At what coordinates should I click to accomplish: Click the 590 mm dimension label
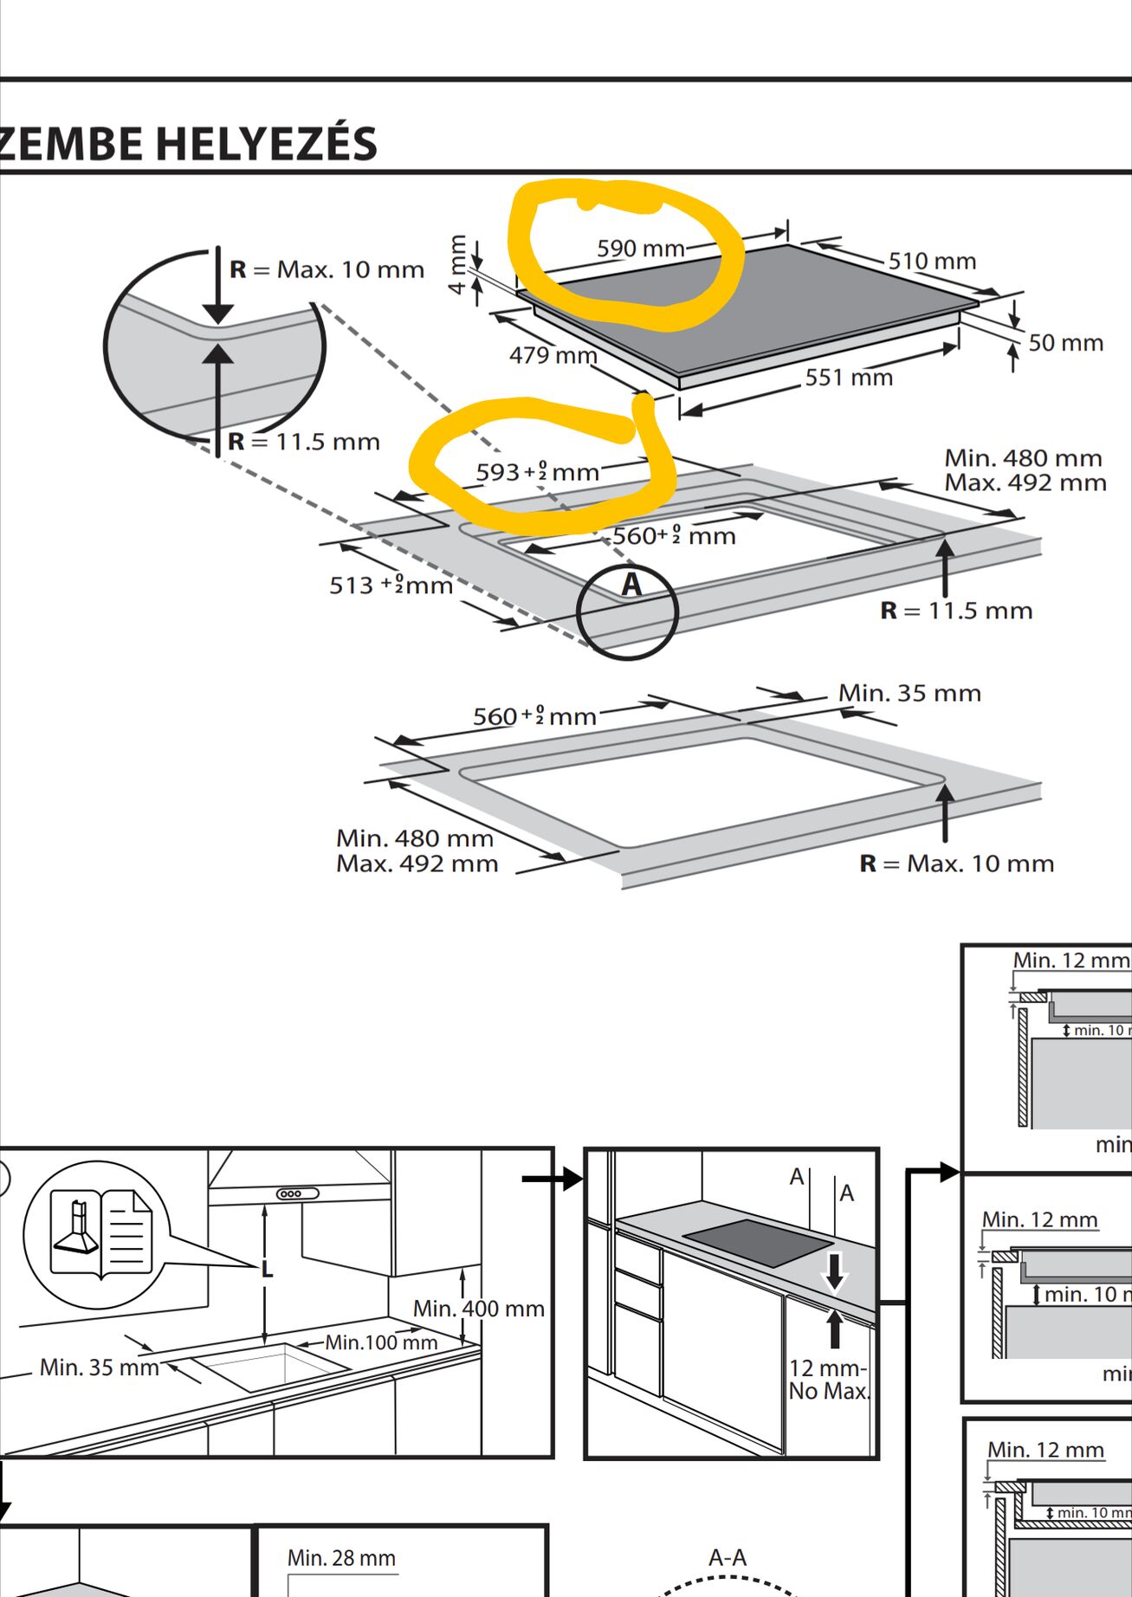click(x=640, y=249)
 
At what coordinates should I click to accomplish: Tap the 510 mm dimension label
click(x=932, y=261)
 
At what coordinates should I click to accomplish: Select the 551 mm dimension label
click(x=848, y=378)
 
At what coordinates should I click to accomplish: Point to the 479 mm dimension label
click(x=553, y=355)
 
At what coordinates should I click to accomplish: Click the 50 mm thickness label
click(x=1065, y=343)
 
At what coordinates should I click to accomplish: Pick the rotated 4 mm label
click(x=458, y=265)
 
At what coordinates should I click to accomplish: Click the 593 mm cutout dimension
click(x=537, y=472)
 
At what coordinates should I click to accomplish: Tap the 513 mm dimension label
click(x=391, y=585)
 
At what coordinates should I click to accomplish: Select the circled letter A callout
click(x=631, y=585)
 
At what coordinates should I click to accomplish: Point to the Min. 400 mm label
click(x=478, y=1309)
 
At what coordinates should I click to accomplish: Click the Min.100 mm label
click(x=381, y=1342)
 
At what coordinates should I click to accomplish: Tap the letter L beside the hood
click(x=267, y=1270)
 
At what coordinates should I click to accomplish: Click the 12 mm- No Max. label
click(x=828, y=1380)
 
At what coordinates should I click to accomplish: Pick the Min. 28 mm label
click(x=341, y=1558)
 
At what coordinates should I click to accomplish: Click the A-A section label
click(x=727, y=1557)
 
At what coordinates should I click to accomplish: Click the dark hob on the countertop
click(x=757, y=1242)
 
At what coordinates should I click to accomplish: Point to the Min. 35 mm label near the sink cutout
click(x=100, y=1367)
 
